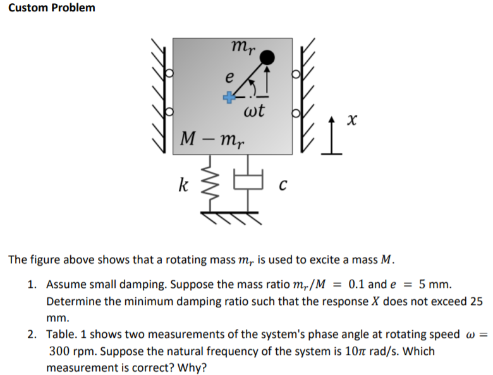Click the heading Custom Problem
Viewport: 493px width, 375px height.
[x=48, y=8]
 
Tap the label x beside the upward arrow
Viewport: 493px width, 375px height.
[x=358, y=119]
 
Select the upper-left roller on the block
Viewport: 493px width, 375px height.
[x=168, y=73]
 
